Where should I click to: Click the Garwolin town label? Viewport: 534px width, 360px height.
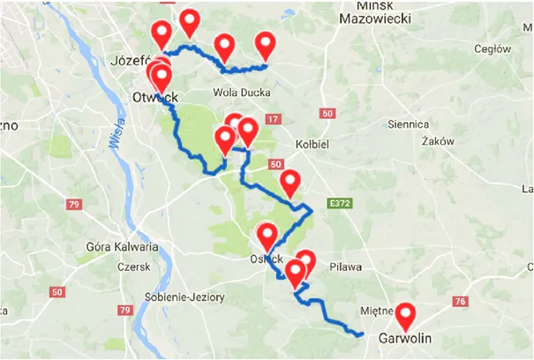pos(404,338)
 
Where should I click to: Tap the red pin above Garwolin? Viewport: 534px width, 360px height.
pos(405,316)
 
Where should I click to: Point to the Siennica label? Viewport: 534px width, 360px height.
pos(408,124)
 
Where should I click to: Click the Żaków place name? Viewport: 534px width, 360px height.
pos(439,141)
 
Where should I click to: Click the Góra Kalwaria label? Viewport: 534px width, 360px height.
pos(122,246)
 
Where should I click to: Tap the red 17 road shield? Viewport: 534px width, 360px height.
pos(272,119)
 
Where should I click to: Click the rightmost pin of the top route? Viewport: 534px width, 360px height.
pos(266,44)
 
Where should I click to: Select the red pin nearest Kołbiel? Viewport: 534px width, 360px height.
pos(290,184)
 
